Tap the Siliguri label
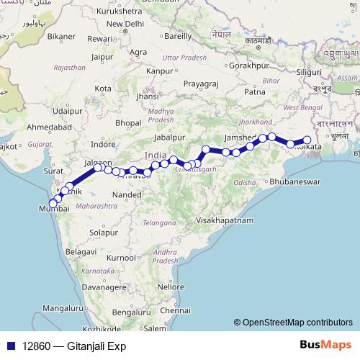click(310, 72)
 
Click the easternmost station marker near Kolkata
click(307, 140)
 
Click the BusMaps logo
click(325, 345)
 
